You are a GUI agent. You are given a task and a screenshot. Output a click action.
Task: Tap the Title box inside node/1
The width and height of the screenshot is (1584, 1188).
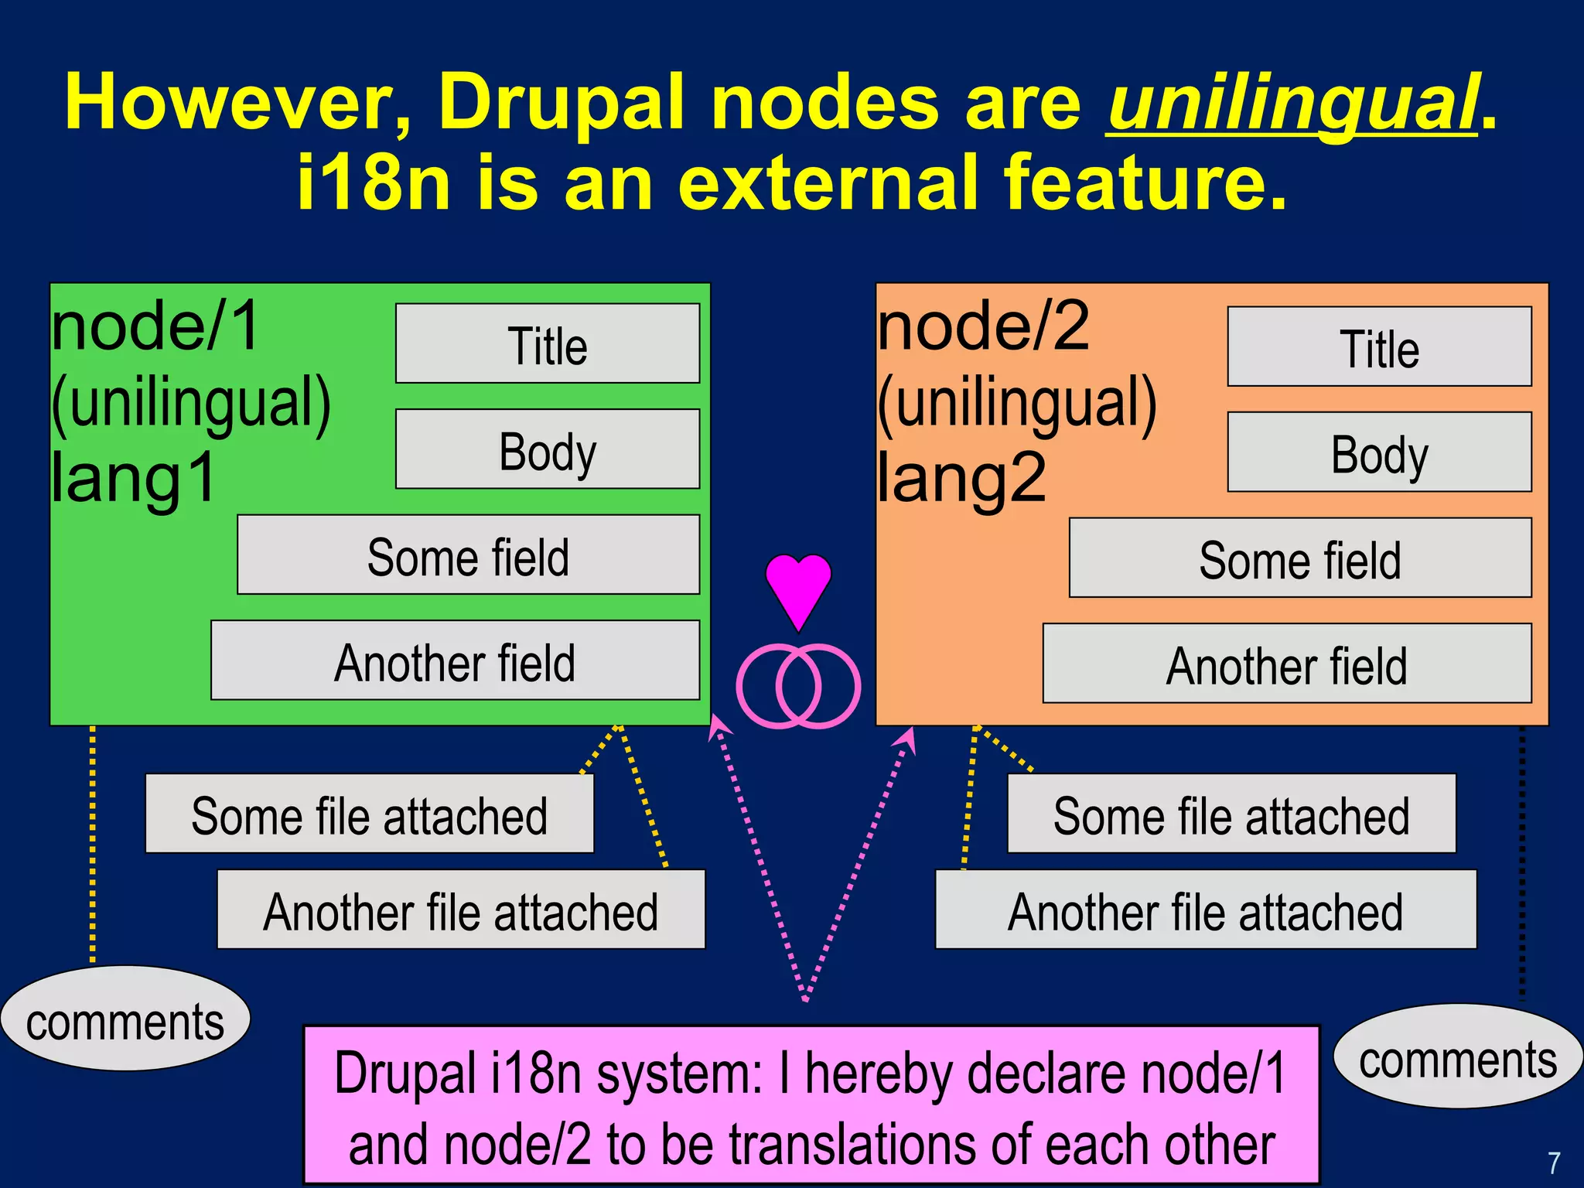(547, 344)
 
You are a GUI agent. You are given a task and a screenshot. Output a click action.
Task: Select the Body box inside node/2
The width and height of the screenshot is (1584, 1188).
(1379, 452)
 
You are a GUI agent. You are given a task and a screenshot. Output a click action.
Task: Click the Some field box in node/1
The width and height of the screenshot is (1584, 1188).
(468, 555)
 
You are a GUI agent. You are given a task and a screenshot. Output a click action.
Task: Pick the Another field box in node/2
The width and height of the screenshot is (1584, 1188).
(1286, 664)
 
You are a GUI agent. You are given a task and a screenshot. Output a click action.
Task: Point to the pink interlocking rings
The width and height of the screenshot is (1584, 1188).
(798, 686)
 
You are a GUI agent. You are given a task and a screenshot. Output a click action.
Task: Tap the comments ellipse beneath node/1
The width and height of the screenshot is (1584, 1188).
(125, 1019)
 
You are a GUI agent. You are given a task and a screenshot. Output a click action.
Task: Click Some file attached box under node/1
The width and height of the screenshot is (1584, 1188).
(369, 814)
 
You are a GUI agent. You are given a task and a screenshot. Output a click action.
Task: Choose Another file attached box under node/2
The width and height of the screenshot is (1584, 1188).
(1205, 910)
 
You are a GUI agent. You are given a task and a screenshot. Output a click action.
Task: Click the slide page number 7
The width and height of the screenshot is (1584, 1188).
(1554, 1162)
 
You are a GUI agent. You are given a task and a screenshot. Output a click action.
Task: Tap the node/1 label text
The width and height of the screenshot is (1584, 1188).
(155, 326)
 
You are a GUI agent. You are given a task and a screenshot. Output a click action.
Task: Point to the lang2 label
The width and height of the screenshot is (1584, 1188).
(961, 478)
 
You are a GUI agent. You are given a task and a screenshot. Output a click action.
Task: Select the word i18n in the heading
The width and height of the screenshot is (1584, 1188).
(373, 183)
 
